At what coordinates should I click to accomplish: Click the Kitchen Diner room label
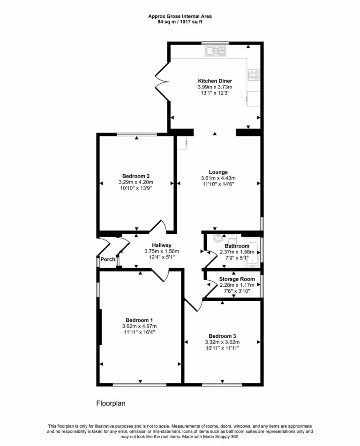[215, 81]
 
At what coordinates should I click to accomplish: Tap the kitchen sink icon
[215, 51]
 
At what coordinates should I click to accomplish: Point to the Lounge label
[218, 172]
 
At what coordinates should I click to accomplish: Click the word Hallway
[161, 245]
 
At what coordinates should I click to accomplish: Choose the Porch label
[107, 260]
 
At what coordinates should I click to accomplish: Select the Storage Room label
[237, 279]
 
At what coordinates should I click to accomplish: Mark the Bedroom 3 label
[222, 336]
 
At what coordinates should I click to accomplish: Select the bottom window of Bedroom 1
[139, 385]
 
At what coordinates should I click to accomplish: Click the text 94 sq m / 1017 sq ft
[180, 22]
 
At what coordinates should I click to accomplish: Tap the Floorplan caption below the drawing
[111, 403]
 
